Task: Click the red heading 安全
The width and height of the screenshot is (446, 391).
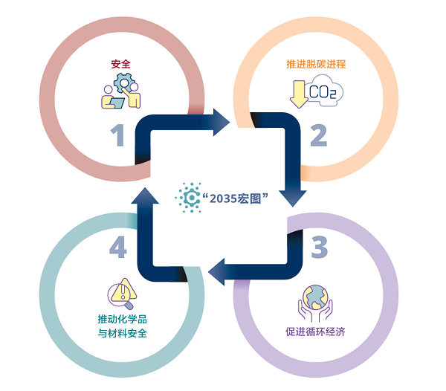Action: pyautogui.click(x=121, y=64)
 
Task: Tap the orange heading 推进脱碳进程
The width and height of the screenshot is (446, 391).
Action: pyautogui.click(x=316, y=64)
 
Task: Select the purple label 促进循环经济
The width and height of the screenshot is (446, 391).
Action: pyautogui.click(x=315, y=332)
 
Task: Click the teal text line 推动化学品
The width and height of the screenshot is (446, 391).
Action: pyautogui.click(x=123, y=319)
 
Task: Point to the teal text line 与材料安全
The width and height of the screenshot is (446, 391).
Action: pyautogui.click(x=123, y=333)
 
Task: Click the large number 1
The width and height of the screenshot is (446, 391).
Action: pyautogui.click(x=117, y=135)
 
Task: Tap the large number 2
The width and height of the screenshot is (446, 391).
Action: pyautogui.click(x=319, y=135)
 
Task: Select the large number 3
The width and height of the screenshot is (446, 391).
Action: pyautogui.click(x=320, y=247)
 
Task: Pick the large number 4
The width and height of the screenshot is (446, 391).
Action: pyautogui.click(x=118, y=247)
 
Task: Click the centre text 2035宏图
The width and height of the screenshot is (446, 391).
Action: pyautogui.click(x=235, y=198)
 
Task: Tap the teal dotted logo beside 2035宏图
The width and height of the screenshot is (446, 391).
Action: pyautogui.click(x=188, y=197)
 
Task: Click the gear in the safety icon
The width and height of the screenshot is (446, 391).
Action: pyautogui.click(x=124, y=83)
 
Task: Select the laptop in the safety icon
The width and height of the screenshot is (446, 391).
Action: pyautogui.click(x=117, y=103)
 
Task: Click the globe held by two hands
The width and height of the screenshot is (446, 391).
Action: pyautogui.click(x=315, y=297)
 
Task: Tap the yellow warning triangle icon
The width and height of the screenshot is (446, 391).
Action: pyautogui.click(x=124, y=291)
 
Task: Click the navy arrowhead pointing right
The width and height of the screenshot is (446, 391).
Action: pyautogui.click(x=222, y=122)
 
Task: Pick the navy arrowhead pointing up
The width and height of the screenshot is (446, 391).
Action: pyautogui.click(x=145, y=196)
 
